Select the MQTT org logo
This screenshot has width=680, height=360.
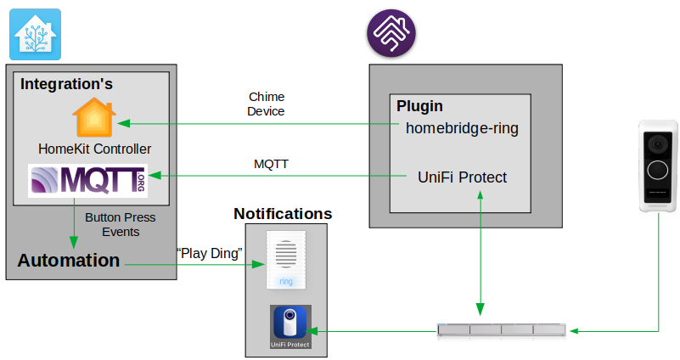click(88, 181)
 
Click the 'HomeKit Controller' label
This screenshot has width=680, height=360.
click(95, 149)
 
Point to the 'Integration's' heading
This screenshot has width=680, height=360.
click(66, 84)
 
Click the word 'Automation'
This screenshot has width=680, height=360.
click(69, 261)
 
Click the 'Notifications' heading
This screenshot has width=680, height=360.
click(283, 214)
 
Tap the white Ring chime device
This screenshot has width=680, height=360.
click(286, 259)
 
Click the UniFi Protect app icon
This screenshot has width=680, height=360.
click(290, 327)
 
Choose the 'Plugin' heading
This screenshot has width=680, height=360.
click(420, 107)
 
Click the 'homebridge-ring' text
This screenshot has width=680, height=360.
click(462, 129)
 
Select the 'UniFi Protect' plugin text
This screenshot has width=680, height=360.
click(462, 177)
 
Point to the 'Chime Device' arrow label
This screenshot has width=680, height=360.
click(266, 104)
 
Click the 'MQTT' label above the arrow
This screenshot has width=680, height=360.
click(272, 163)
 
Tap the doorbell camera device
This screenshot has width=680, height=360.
click(659, 166)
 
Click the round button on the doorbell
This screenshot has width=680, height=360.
click(660, 169)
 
